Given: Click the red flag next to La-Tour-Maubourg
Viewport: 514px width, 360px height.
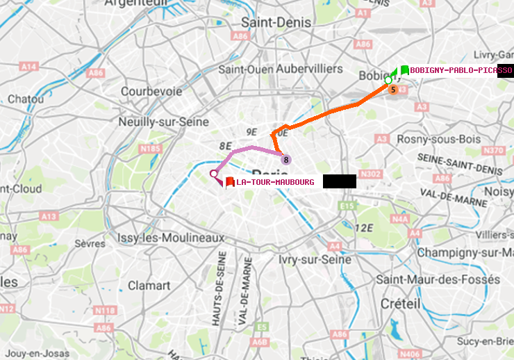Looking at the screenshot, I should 230,181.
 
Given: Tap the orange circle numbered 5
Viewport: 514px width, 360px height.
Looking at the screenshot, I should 392,89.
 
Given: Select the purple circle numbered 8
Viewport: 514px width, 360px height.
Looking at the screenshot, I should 285,160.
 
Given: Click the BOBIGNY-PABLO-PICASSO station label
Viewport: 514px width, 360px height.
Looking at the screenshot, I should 461,70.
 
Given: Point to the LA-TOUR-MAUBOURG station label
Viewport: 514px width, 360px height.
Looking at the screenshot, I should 275,182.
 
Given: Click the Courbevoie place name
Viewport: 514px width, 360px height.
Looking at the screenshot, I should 147,91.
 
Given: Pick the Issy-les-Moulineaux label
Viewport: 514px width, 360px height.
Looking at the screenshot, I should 171,238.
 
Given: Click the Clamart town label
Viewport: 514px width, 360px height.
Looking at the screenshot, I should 149,285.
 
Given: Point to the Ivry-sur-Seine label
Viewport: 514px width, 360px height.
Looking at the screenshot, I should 315,259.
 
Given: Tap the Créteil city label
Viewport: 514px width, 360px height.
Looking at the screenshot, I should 400,304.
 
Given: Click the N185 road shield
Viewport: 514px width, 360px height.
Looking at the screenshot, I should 150,148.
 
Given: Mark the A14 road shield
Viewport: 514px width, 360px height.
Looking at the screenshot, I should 28,67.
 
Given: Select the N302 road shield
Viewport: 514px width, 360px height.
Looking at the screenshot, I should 372,174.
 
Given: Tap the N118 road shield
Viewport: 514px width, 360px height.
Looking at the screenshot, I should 104,310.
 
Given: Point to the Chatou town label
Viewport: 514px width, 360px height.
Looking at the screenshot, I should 26,99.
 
